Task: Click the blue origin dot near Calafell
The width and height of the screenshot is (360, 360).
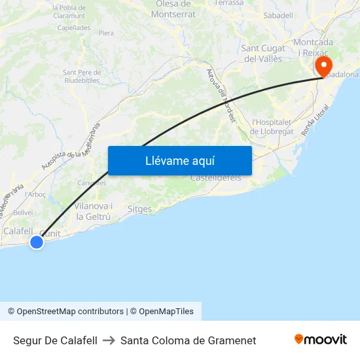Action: pyautogui.click(x=37, y=242)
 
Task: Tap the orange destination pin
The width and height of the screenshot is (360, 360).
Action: pyautogui.click(x=323, y=65)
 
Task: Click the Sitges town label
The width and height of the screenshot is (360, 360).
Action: pyautogui.click(x=139, y=209)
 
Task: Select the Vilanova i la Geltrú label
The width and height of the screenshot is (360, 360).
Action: pyautogui.click(x=93, y=211)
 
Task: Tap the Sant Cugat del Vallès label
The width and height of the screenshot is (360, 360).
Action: pyautogui.click(x=262, y=53)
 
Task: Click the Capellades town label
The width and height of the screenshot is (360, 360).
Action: pyautogui.click(x=74, y=28)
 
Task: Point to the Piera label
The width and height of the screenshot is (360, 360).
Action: pyautogui.click(x=106, y=33)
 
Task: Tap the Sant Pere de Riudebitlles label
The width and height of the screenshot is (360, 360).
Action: pyautogui.click(x=81, y=76)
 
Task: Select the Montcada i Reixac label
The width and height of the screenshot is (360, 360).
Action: pyautogui.click(x=314, y=47)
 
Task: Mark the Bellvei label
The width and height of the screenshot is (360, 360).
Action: pyautogui.click(x=23, y=213)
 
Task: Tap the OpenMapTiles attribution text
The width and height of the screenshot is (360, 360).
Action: pyautogui.click(x=162, y=312)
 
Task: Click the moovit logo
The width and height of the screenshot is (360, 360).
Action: pyautogui.click(x=320, y=340)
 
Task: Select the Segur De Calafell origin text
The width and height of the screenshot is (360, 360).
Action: pyautogui.click(x=55, y=340)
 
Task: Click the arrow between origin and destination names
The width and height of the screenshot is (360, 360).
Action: pyautogui.click(x=109, y=340)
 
